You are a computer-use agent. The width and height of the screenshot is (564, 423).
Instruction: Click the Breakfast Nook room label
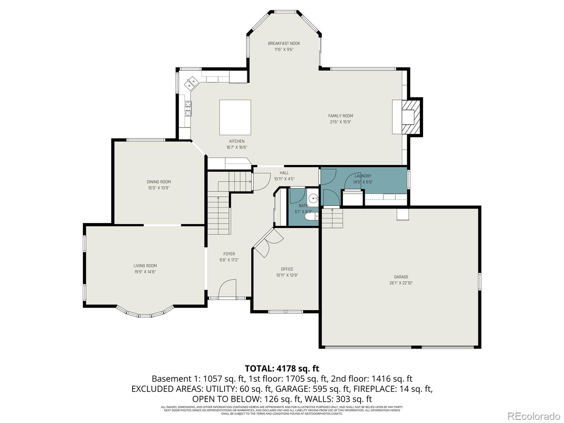click(x=284, y=43)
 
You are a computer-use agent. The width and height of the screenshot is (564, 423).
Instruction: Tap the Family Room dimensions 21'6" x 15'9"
click(x=341, y=122)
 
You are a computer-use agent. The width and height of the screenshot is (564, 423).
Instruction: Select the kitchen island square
click(x=235, y=117)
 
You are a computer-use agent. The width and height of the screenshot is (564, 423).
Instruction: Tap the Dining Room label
click(x=159, y=182)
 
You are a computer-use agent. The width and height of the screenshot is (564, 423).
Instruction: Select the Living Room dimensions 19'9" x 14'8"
click(x=145, y=272)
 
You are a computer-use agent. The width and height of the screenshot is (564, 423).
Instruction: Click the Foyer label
click(x=229, y=254)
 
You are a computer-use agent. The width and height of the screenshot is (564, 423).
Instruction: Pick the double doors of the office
click(x=268, y=243)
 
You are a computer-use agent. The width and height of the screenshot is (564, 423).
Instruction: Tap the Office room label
click(x=287, y=269)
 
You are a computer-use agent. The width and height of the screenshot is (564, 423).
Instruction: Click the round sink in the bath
click(x=313, y=197)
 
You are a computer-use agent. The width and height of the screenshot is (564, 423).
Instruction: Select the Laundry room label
click(x=363, y=176)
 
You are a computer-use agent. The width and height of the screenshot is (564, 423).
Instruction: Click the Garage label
click(x=401, y=277)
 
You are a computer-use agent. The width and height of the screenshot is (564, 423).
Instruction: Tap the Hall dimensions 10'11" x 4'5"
click(x=284, y=179)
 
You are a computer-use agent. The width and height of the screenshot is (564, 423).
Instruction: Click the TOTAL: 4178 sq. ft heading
click(x=282, y=368)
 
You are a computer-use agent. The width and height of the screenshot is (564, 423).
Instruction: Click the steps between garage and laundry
click(x=332, y=218)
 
